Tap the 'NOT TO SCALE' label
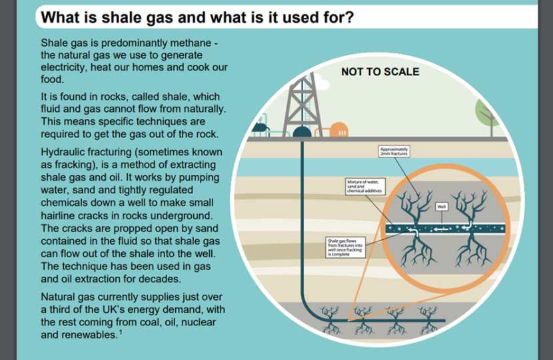pos(380,71)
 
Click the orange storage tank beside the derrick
pos(338,129)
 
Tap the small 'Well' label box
pos(440,206)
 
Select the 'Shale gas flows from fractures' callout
pos(344,248)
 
